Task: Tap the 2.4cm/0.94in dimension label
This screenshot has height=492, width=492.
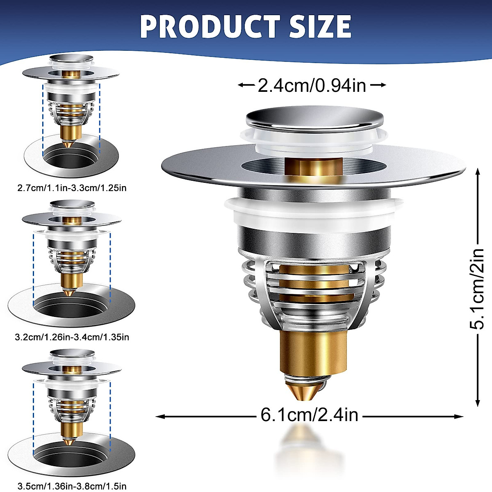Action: click(x=312, y=85)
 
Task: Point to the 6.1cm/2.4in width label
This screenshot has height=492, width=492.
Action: click(x=310, y=415)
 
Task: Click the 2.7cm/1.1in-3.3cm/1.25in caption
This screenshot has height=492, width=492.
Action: click(x=72, y=188)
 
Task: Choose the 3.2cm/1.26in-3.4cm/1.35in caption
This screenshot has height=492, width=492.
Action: click(x=72, y=337)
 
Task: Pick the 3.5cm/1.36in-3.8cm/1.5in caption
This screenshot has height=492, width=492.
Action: click(x=72, y=487)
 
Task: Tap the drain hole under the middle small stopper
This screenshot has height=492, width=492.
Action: click(x=71, y=305)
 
